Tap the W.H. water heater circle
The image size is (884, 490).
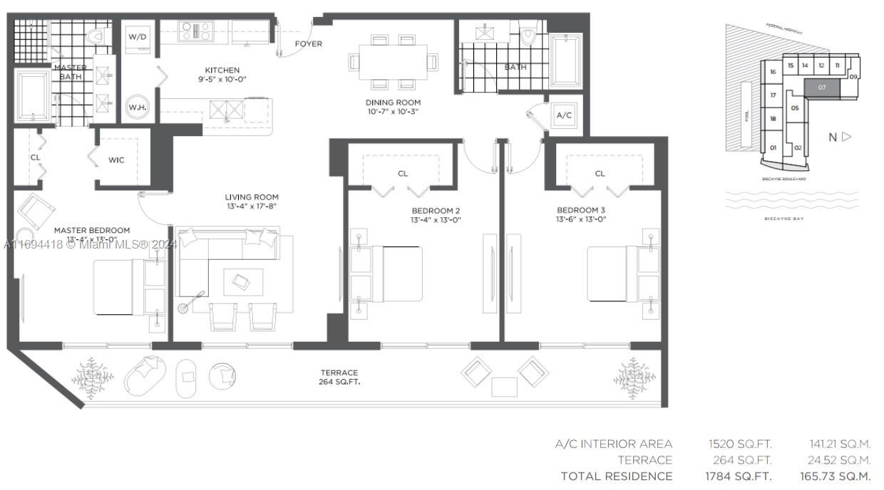click(x=138, y=107)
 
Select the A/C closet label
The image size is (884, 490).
click(x=564, y=115)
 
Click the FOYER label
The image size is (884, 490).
click(x=308, y=44)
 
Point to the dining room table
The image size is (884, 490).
click(x=393, y=63)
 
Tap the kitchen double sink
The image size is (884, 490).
click(x=227, y=110)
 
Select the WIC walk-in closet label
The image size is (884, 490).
click(x=116, y=160)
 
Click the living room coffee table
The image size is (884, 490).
click(x=242, y=282)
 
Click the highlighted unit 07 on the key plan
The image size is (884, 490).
click(x=822, y=88)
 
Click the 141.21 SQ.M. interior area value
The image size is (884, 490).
click(x=840, y=444)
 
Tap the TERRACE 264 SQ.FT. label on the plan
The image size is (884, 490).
click(x=339, y=377)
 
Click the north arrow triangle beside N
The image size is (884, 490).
click(x=847, y=137)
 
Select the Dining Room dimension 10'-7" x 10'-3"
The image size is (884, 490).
click(x=393, y=112)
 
